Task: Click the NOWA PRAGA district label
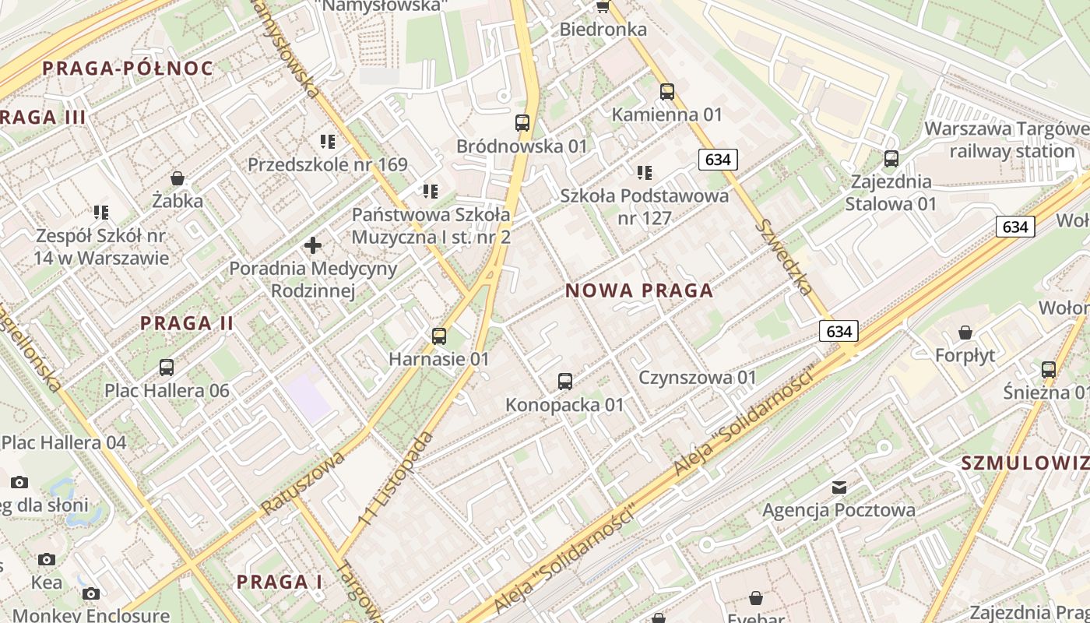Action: [x=638, y=290]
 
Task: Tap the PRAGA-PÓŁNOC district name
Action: [x=127, y=68]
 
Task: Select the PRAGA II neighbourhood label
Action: [x=187, y=323]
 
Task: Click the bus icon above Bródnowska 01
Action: [x=522, y=123]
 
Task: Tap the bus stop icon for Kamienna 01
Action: [x=667, y=92]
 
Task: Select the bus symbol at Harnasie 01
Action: [x=439, y=336]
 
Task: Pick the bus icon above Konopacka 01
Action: [x=565, y=382]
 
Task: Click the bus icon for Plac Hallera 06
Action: [x=167, y=368]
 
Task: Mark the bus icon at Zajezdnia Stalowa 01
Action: [x=891, y=159]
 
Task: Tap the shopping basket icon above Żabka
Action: [x=178, y=178]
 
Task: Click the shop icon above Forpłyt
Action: [x=965, y=333]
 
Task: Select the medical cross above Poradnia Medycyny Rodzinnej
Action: [x=313, y=245]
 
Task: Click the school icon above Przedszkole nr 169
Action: [x=328, y=142]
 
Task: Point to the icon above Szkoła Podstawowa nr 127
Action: [x=645, y=173]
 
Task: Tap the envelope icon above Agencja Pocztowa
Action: [x=839, y=487]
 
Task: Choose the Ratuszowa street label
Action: [x=304, y=483]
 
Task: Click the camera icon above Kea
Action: [x=47, y=559]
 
